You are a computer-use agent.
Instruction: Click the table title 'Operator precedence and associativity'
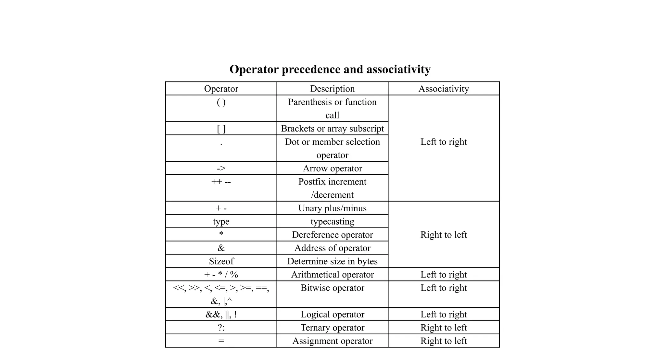point(330,69)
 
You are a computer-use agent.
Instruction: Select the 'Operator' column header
point(221,89)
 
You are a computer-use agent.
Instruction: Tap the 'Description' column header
point(332,89)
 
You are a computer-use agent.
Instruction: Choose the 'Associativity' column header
point(444,89)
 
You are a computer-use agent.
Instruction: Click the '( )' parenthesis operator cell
point(221,103)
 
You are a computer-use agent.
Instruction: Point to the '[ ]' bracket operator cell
point(221,129)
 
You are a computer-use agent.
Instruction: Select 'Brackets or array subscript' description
point(332,129)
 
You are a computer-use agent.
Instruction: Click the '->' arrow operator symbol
point(221,168)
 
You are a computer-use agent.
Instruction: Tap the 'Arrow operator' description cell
point(332,168)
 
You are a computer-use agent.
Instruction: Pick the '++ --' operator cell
point(221,182)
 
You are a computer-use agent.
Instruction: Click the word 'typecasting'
point(332,222)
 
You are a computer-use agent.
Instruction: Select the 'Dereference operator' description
point(332,235)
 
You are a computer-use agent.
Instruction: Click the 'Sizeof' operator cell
point(221,261)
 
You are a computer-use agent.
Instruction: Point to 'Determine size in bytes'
point(332,261)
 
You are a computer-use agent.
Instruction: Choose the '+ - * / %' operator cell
point(221,275)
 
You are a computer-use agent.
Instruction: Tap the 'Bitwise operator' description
point(332,288)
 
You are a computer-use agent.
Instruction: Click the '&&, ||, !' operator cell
point(221,315)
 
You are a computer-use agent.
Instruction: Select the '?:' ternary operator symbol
point(221,328)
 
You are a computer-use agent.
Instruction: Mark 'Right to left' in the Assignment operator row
point(444,341)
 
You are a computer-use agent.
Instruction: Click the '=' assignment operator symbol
point(221,341)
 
